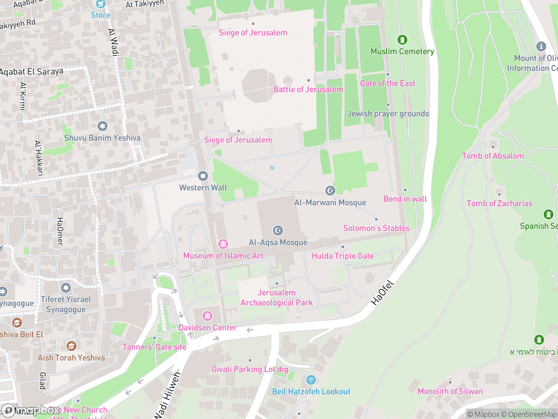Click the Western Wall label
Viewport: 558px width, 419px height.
[203, 188]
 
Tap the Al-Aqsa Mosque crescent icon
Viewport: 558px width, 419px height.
[278, 230]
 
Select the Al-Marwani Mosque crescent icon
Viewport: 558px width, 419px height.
[330, 191]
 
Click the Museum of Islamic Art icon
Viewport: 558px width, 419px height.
[223, 244]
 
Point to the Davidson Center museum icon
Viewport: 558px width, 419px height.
[208, 316]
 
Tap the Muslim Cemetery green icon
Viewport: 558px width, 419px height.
[402, 40]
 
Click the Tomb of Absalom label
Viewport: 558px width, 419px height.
[492, 156]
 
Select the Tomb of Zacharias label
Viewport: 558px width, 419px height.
[499, 203]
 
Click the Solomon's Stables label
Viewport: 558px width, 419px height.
[376, 228]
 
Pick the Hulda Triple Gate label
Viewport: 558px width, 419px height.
[343, 256]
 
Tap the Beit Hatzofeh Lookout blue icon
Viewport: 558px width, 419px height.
[311, 380]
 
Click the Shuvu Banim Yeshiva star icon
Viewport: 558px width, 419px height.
[102, 126]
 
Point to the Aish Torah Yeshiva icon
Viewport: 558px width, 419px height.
[71, 346]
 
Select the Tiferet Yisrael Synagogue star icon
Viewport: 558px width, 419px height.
[66, 288]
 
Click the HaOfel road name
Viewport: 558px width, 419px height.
[382, 293]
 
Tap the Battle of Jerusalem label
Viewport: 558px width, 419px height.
[308, 89]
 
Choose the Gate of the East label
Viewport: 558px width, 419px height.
[388, 83]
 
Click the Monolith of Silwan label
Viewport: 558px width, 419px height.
[450, 391]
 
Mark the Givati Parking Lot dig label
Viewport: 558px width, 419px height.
[250, 369]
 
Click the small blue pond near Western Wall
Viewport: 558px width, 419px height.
[272, 168]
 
